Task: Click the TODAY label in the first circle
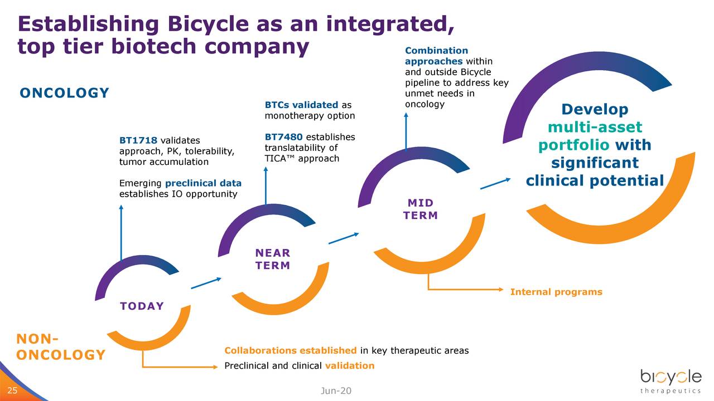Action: pyautogui.click(x=142, y=306)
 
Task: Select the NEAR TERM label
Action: pyautogui.click(x=273, y=260)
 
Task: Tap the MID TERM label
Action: pyautogui.click(x=420, y=209)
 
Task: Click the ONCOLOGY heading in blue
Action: pyautogui.click(x=65, y=93)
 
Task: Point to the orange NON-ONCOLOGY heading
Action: pyautogui.click(x=61, y=347)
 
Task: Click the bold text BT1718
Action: pyautogui.click(x=138, y=140)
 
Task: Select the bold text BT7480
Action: pyautogui.click(x=283, y=137)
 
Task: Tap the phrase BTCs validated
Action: pyautogui.click(x=301, y=105)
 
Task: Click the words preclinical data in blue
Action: pyautogui.click(x=203, y=183)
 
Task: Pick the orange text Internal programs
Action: pyautogui.click(x=556, y=292)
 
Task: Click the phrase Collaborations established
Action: pyautogui.click(x=290, y=350)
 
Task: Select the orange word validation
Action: pyautogui.click(x=349, y=366)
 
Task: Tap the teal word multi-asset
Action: pyautogui.click(x=595, y=127)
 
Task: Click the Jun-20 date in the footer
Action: pyautogui.click(x=336, y=391)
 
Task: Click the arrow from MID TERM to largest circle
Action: pyautogui.click(x=495, y=183)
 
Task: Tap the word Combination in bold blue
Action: pyautogui.click(x=436, y=51)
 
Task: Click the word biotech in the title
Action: pyautogui.click(x=155, y=47)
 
